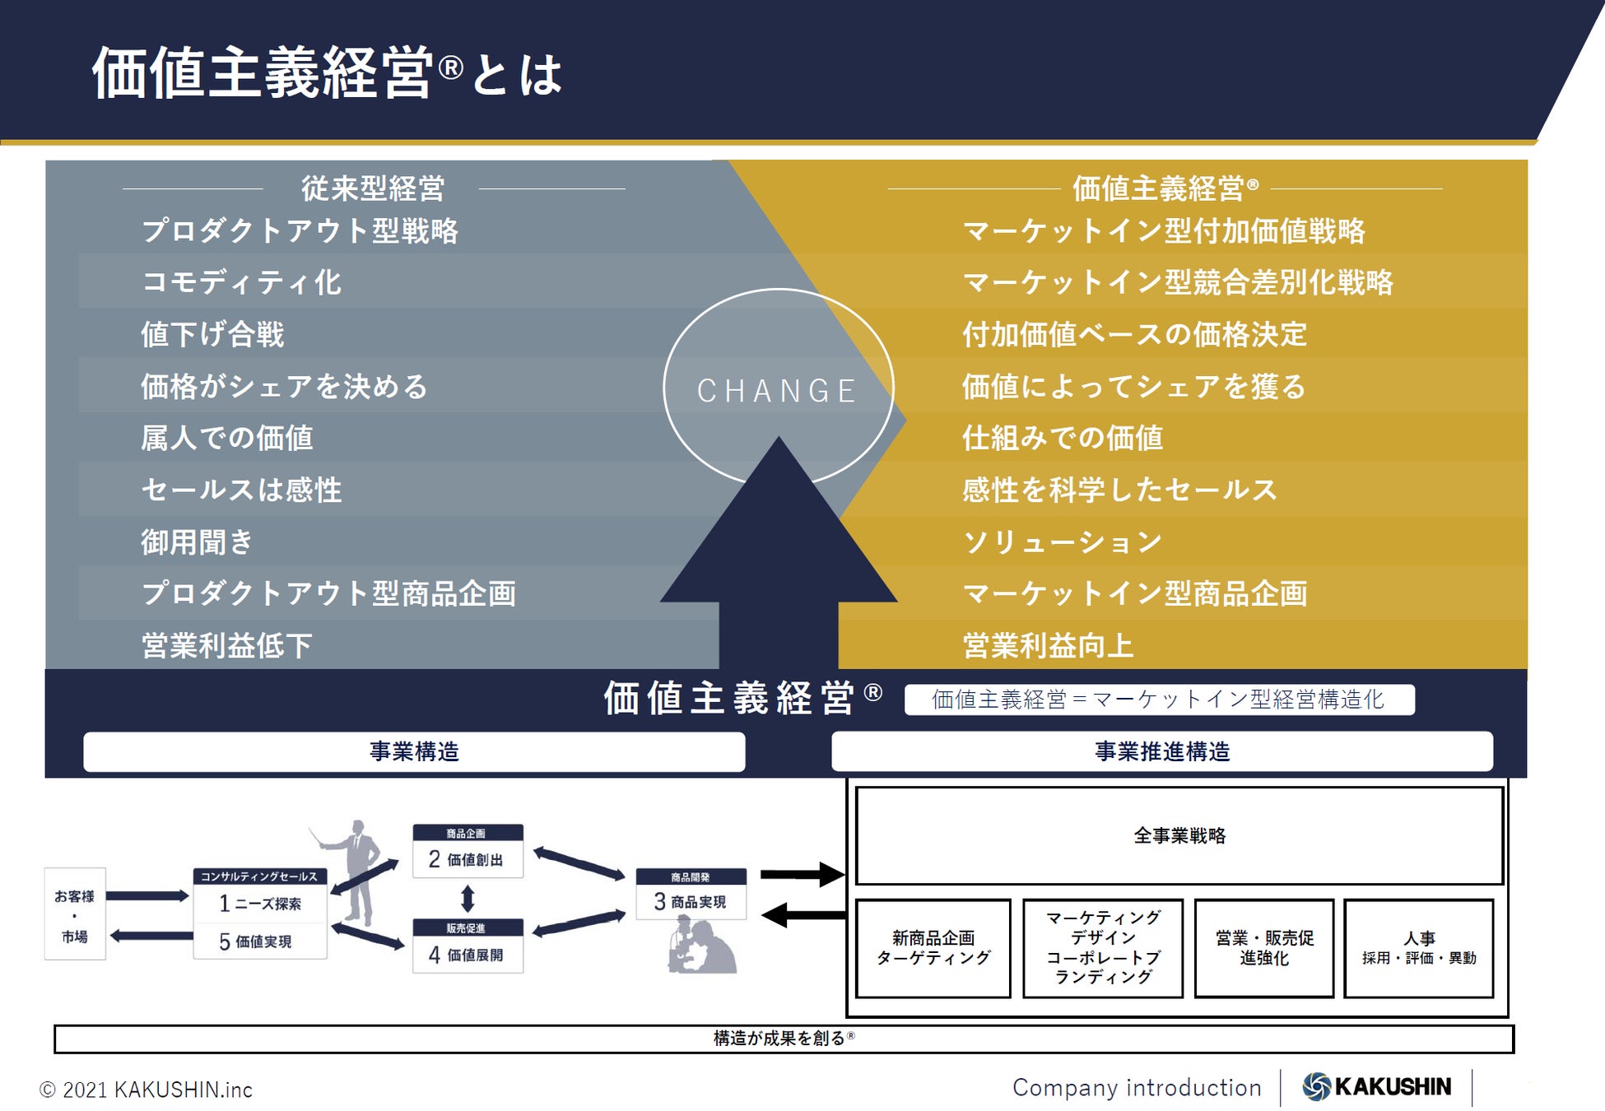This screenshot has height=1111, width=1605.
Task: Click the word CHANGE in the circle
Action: pos(777,391)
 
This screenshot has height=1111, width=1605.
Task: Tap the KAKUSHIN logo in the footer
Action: pos(1376,1086)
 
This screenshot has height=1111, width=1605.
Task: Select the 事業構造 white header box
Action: pos(414,751)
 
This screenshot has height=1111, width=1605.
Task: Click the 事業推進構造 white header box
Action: pos(1161,751)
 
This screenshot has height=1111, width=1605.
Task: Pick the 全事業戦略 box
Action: pos(1179,835)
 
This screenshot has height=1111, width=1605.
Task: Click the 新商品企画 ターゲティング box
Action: pos(933,948)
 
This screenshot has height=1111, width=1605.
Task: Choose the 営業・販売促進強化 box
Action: pos(1263,948)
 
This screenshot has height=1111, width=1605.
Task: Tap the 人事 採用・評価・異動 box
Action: pos(1418,948)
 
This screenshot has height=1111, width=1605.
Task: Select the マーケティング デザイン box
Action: pos(1103,948)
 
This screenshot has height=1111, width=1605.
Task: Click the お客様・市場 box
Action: pos(75,913)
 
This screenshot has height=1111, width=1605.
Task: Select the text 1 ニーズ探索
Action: pos(260,904)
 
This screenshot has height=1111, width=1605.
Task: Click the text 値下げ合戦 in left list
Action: pos(212,335)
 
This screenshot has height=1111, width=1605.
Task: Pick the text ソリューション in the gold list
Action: pos(1062,542)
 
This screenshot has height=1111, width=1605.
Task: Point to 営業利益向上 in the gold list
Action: pos(1048,646)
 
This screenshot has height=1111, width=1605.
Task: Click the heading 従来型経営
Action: pos(373,188)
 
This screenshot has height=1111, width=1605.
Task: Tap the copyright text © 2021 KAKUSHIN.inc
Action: pos(147,1090)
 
